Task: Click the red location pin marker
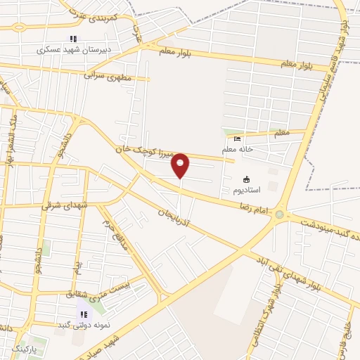click(180, 165)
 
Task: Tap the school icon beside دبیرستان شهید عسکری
click(71, 39)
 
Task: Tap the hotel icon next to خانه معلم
click(237, 139)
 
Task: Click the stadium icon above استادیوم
click(246, 179)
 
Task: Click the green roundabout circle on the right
click(280, 214)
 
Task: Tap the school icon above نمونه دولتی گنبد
click(82, 314)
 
